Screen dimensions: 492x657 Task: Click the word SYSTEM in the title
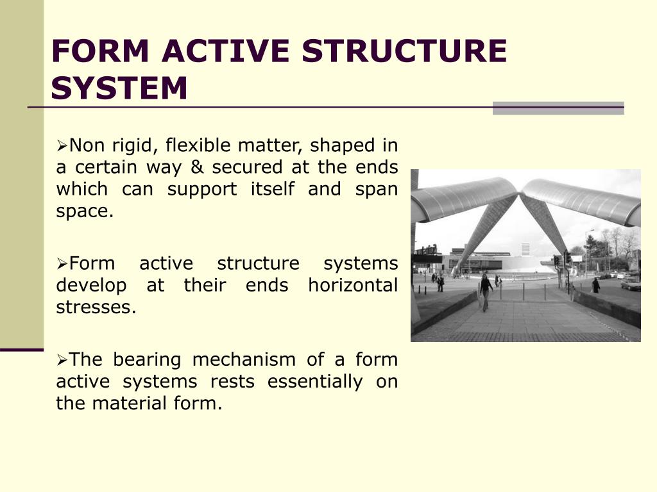click(x=120, y=88)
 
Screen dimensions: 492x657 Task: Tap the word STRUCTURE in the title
click(x=404, y=51)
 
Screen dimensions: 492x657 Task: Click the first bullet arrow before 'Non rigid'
click(x=62, y=146)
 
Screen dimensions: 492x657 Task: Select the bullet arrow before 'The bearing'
click(x=62, y=360)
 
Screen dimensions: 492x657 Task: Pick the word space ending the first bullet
click(x=83, y=211)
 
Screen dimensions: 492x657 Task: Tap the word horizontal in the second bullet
click(x=353, y=285)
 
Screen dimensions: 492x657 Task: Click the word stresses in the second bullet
click(x=96, y=307)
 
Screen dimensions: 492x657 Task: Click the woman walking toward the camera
click(x=486, y=291)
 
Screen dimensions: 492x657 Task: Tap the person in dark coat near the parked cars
click(x=595, y=285)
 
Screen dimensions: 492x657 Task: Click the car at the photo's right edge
click(x=631, y=283)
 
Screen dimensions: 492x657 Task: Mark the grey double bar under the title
click(x=558, y=108)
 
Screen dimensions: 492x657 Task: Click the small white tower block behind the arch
click(x=525, y=249)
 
